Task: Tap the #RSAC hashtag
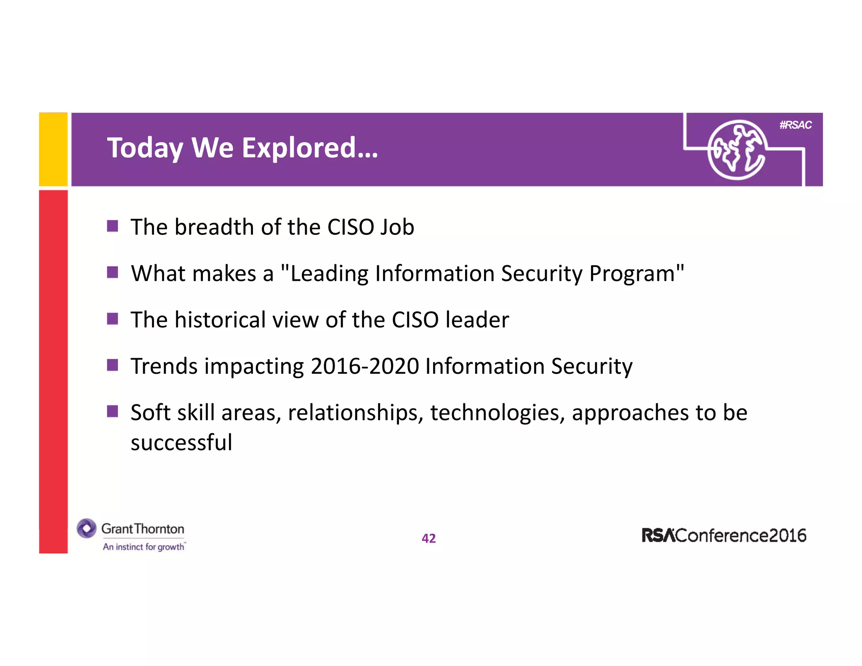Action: (795, 125)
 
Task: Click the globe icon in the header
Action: (736, 150)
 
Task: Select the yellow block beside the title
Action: (53, 149)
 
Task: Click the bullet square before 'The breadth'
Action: (112, 226)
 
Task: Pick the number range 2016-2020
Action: (364, 366)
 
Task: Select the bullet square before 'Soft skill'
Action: (112, 411)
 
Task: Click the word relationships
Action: (355, 413)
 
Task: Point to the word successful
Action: (181, 443)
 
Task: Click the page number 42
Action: (428, 538)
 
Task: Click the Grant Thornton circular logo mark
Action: (87, 528)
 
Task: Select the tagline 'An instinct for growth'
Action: (144, 547)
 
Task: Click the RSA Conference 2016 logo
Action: (724, 535)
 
